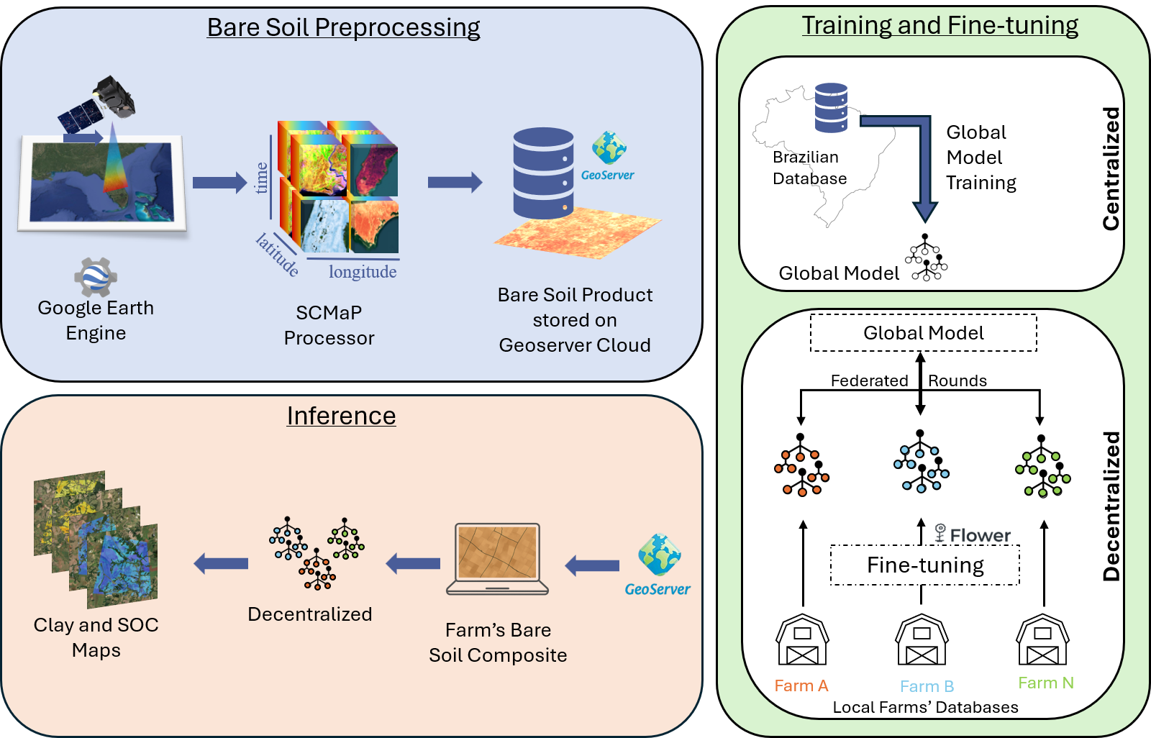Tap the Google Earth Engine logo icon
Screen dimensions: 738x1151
click(95, 277)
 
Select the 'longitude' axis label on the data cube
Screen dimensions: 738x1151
click(363, 272)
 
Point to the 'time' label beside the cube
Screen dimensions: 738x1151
click(262, 178)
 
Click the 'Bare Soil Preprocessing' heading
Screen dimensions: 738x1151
click(343, 27)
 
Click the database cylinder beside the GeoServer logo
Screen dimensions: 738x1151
click(543, 173)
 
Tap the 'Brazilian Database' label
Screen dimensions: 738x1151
click(809, 168)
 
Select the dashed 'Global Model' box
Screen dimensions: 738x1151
click(924, 333)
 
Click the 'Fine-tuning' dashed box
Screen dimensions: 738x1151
click(925, 565)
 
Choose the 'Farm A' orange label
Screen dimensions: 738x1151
click(801, 685)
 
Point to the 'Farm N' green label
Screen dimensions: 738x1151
click(1045, 683)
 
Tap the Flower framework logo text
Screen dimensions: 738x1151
click(973, 534)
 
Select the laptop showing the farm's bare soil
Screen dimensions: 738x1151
click(498, 559)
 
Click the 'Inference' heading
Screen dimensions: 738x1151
click(341, 416)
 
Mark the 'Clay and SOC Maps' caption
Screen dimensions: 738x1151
click(96, 637)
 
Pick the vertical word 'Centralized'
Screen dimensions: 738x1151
click(1111, 169)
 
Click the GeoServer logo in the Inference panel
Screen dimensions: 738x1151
click(658, 565)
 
